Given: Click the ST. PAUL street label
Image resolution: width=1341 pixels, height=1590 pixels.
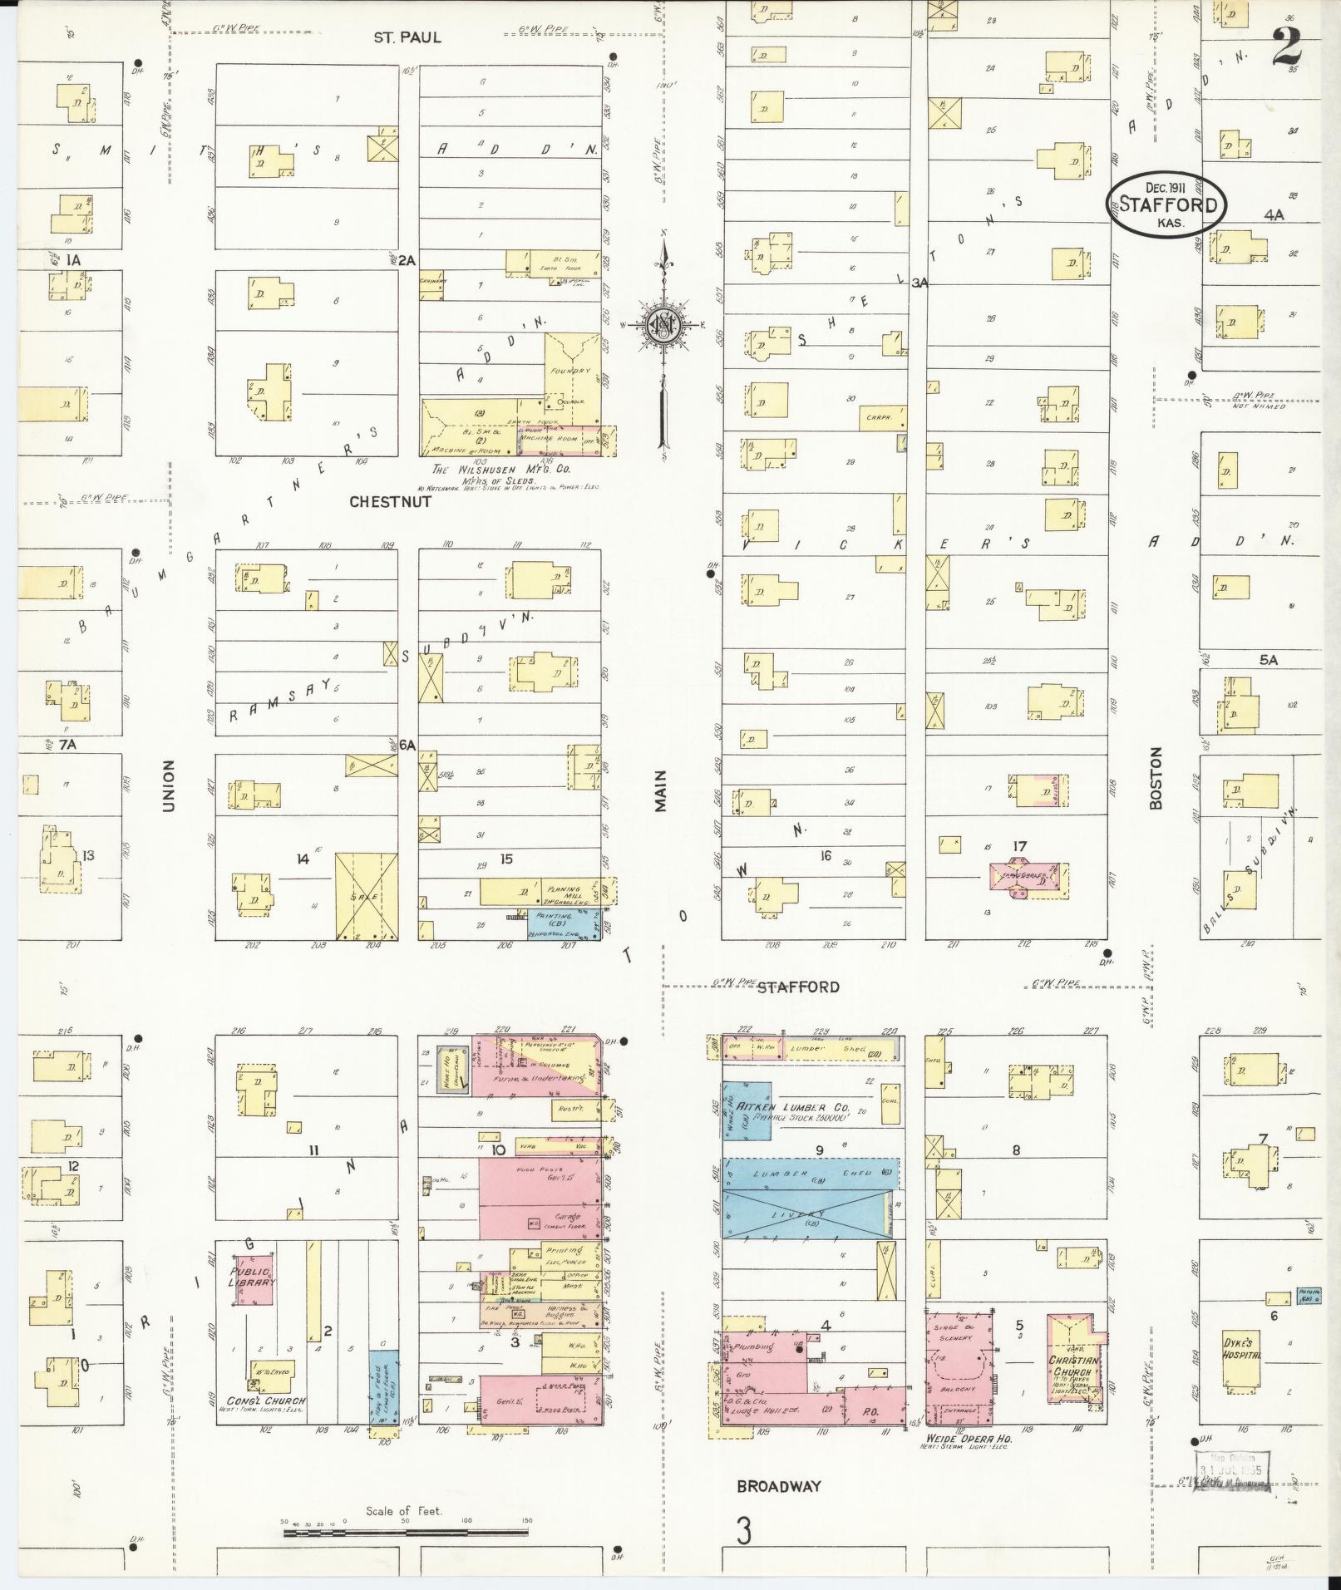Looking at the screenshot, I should click(407, 37).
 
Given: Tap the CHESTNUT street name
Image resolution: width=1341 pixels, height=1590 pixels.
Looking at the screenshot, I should click(390, 502).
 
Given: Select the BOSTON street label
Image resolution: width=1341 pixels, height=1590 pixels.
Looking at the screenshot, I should click(1155, 777).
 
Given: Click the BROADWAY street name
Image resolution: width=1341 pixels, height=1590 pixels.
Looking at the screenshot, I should click(779, 1486).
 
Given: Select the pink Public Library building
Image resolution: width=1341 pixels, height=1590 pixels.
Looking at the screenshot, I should click(254, 1291).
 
